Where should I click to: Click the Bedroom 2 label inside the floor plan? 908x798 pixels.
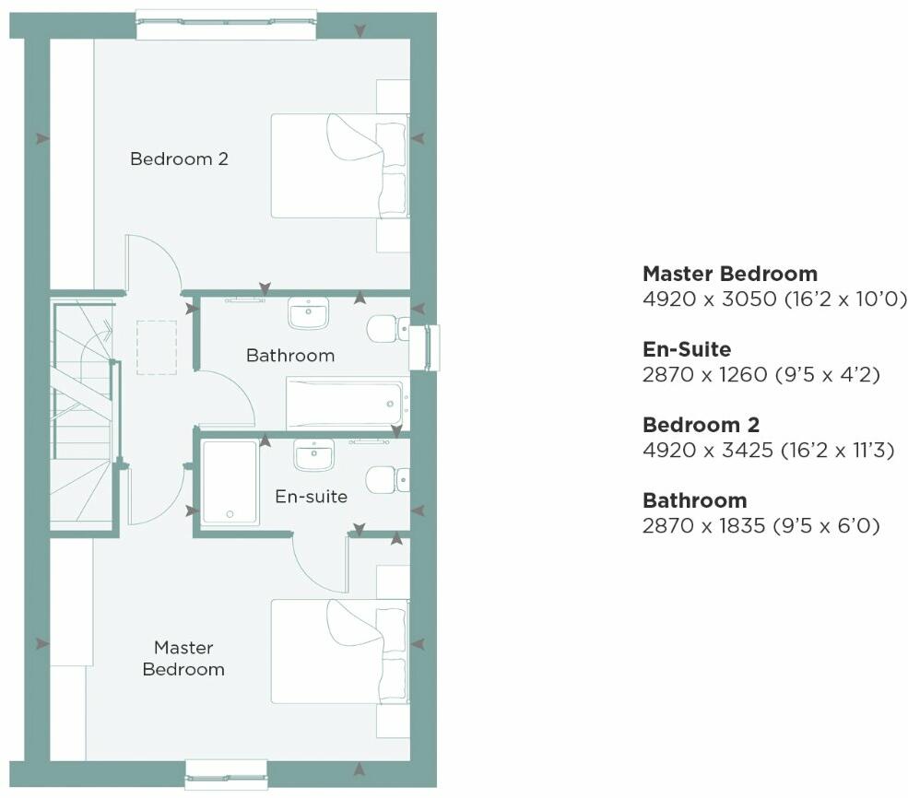pos(179,158)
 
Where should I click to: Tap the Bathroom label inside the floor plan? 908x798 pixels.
pos(290,355)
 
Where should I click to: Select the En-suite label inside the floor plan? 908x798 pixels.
pos(312,497)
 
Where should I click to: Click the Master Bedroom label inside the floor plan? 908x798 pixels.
pos(183,658)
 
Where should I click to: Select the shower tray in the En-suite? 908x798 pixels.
pos(230,482)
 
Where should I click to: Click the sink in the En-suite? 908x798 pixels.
pos(314,454)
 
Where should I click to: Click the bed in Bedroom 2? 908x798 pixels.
pos(337,166)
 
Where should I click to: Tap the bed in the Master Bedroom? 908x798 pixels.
pos(337,651)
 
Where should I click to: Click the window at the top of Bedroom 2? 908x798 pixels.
pos(227,24)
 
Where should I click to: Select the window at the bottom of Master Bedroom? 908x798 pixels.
pos(226,774)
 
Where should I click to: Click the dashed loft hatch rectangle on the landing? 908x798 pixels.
pos(156,347)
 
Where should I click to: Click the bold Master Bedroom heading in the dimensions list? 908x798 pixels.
pos(729,274)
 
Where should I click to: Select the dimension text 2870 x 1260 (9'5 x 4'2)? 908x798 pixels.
pos(761,375)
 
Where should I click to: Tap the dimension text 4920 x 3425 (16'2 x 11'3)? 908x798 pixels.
pos(768,451)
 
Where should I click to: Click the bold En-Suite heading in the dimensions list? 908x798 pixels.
pos(687,349)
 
